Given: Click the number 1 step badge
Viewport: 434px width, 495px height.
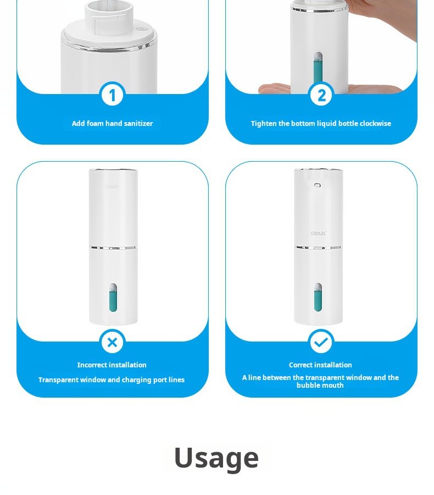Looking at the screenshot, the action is [112, 95].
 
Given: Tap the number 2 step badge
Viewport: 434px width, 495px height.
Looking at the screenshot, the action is [321, 95].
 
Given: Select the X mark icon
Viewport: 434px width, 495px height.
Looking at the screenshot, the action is [112, 342].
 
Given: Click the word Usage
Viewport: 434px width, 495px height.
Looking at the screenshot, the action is [216, 458].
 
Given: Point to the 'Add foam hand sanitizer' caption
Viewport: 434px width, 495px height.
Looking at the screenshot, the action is [112, 123].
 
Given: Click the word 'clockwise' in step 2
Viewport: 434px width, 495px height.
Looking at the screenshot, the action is [375, 123].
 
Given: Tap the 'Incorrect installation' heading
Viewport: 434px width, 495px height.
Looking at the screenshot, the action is [112, 365].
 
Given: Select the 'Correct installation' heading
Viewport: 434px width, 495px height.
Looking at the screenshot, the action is [320, 365].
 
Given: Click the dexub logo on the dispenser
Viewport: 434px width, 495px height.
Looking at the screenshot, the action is [318, 233].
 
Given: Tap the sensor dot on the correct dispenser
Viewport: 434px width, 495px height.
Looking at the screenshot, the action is [318, 185].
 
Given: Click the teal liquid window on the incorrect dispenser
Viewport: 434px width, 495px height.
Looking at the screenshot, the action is [113, 298].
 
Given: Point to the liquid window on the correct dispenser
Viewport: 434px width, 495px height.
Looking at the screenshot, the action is [318, 298].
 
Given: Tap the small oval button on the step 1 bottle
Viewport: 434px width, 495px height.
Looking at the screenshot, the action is [142, 29].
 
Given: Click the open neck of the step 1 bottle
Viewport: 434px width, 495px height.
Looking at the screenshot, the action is [109, 9].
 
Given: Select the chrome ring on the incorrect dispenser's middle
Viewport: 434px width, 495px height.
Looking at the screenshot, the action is [113, 248].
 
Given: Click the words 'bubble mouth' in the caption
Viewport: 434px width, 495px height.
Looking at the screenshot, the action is [320, 386].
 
